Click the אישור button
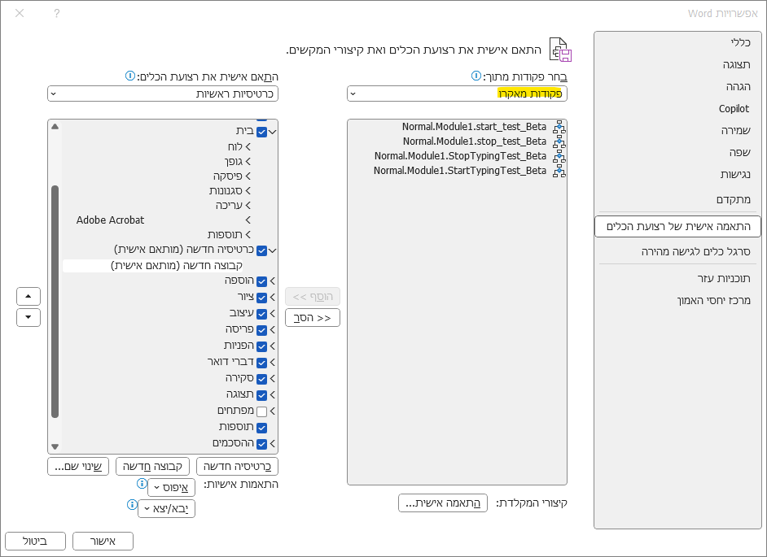pos(103,541)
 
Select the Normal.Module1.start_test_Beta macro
pos(474,127)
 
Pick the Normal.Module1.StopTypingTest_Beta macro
pos(460,156)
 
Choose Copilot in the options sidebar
pos(734,108)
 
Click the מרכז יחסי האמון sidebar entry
pos(702,300)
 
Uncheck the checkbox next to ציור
pos(261,298)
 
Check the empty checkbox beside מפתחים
pos(261,411)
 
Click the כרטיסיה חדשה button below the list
pos(238,466)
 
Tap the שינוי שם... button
pos(78,466)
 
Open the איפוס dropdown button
pos(171,487)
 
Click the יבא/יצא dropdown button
pos(166,508)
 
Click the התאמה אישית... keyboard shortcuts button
pos(443,503)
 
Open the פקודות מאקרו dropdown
pos(457,94)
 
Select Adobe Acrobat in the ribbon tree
pos(111,220)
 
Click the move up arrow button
pos(28,296)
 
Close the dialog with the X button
pos(20,13)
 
